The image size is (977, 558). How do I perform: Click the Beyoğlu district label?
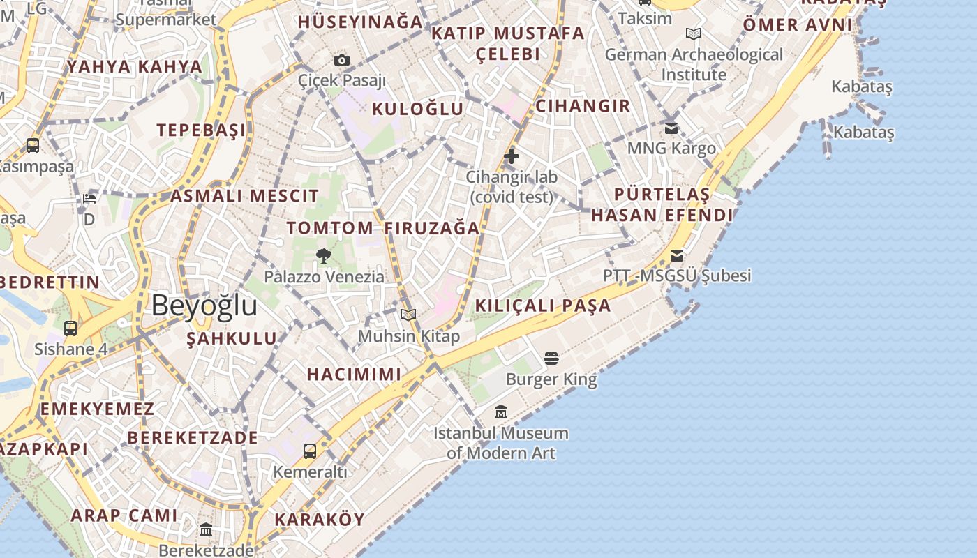[204, 306]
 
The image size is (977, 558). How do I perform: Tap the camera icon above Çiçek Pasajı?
[341, 61]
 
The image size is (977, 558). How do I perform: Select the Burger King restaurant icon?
[551, 359]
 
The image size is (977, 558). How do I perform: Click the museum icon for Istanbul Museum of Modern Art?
[500, 412]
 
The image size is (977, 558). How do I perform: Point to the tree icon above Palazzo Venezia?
[323, 256]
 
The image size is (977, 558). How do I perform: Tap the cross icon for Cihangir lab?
[512, 156]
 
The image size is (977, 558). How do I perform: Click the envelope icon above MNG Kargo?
[671, 128]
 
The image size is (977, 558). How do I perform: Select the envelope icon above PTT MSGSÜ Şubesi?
[677, 255]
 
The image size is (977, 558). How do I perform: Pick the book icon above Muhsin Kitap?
[408, 315]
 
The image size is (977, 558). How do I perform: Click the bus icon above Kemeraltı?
[310, 451]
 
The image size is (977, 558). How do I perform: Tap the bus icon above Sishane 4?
[70, 328]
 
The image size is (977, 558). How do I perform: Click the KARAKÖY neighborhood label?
[320, 520]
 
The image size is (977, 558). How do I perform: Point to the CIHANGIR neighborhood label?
[583, 106]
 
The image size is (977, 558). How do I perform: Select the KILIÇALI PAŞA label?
[543, 306]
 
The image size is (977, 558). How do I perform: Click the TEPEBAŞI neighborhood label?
[201, 130]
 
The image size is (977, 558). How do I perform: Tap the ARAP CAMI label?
[124, 515]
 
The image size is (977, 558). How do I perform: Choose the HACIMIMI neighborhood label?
[355, 375]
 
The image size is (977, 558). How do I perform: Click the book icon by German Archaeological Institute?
[693, 33]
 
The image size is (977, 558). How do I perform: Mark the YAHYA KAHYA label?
[135, 67]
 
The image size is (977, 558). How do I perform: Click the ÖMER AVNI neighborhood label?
[797, 25]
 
